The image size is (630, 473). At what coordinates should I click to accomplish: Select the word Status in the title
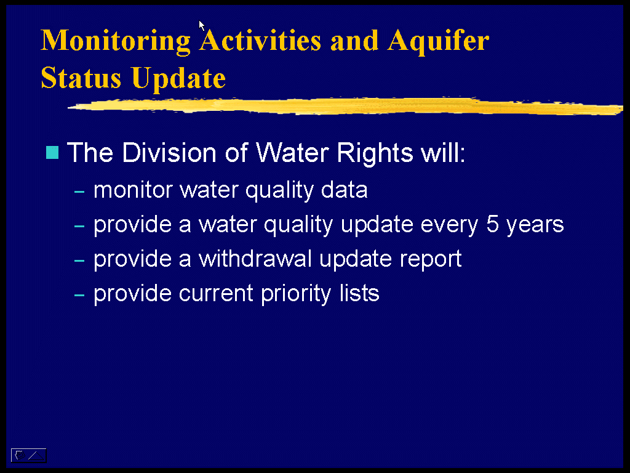pyautogui.click(x=81, y=77)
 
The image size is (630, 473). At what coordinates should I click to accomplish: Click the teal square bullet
pyautogui.click(x=52, y=153)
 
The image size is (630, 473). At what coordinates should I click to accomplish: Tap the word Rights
pyautogui.click(x=375, y=153)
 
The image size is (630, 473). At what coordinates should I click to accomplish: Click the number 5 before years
pyautogui.click(x=492, y=224)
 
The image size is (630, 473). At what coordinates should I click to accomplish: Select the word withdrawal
pyautogui.click(x=255, y=258)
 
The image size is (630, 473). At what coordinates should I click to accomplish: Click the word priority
pyautogui.click(x=296, y=294)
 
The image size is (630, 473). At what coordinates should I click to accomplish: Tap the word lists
pyautogui.click(x=359, y=293)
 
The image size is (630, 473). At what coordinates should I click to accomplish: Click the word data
pyautogui.click(x=344, y=190)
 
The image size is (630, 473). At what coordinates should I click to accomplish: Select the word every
pyautogui.click(x=449, y=225)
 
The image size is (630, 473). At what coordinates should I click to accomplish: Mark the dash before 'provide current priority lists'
pyautogui.click(x=79, y=295)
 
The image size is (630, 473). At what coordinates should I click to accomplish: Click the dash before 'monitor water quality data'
pyautogui.click(x=79, y=192)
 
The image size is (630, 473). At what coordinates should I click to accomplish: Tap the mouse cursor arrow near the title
pyautogui.click(x=202, y=25)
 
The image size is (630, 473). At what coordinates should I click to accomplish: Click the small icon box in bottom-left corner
pyautogui.click(x=28, y=455)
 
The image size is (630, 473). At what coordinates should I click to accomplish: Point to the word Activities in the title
pyautogui.click(x=260, y=41)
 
